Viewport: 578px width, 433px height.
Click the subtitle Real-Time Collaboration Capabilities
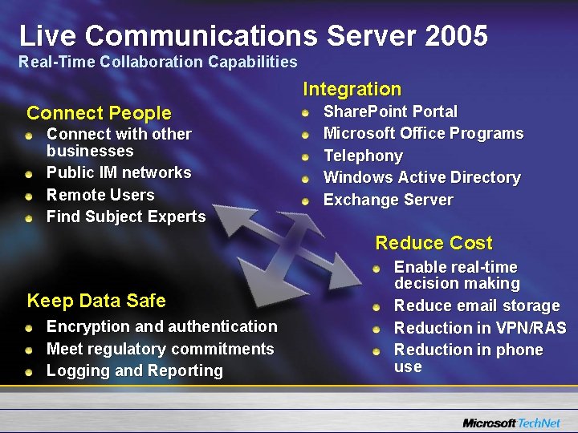pyautogui.click(x=158, y=62)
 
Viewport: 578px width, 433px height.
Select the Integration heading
pyautogui.click(x=352, y=89)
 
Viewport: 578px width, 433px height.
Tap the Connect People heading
pyautogui.click(x=99, y=113)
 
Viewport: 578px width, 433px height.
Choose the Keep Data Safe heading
pyautogui.click(x=96, y=301)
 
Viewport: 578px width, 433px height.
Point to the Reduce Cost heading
pyautogui.click(x=433, y=243)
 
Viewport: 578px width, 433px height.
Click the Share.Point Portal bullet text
pyautogui.click(x=390, y=111)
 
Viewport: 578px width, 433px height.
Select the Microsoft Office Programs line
pyautogui.click(x=423, y=133)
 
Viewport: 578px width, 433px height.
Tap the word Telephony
pyautogui.click(x=363, y=156)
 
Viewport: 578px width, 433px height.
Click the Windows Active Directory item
pyautogui.click(x=421, y=177)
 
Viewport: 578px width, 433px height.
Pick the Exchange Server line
pyautogui.click(x=388, y=200)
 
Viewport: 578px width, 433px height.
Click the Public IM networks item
pyautogui.click(x=119, y=172)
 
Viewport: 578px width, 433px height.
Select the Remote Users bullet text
pyautogui.click(x=100, y=195)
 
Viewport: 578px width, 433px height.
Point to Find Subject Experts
pyautogui.click(x=126, y=216)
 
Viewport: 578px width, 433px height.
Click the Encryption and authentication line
pyautogui.click(x=161, y=326)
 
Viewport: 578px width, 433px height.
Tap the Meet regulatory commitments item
pyautogui.click(x=160, y=349)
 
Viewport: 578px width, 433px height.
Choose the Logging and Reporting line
pyautogui.click(x=135, y=370)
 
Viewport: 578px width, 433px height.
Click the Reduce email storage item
pyautogui.click(x=476, y=306)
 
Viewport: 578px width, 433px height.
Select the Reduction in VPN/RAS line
pyautogui.click(x=480, y=328)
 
